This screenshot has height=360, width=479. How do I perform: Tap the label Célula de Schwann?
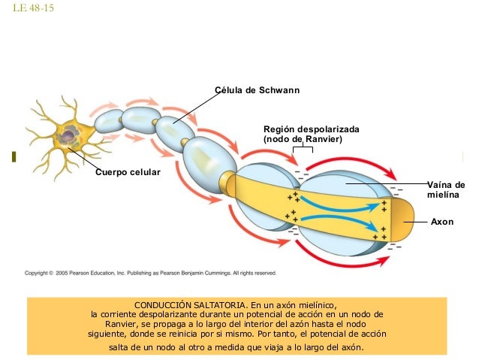(x=258, y=91)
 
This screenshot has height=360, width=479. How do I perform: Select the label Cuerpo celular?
(x=128, y=173)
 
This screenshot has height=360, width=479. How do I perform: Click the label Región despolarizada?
(x=311, y=129)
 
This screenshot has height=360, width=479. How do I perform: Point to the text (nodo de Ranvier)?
(x=302, y=140)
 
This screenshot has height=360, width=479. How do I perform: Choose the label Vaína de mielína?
(x=446, y=189)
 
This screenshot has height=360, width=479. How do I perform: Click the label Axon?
(x=441, y=222)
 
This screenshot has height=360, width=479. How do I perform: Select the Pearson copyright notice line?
(x=151, y=274)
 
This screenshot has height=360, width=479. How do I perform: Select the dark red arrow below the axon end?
(x=353, y=260)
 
